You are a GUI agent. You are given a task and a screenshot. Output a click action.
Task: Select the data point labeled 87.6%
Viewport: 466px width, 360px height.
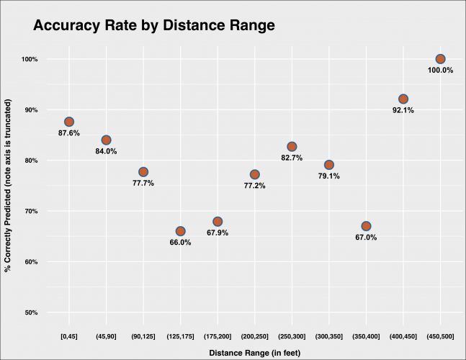point(69,122)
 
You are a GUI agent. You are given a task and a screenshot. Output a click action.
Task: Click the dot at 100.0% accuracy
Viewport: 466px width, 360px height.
point(441,59)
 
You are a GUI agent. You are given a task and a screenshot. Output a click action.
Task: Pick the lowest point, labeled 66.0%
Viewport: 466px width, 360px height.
point(180,231)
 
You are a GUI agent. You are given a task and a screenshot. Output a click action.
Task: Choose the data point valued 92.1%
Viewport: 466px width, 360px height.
point(403,99)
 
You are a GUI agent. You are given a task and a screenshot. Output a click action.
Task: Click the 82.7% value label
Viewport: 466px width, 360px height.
point(292,158)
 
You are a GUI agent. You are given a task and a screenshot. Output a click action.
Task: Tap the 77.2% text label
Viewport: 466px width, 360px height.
point(254,186)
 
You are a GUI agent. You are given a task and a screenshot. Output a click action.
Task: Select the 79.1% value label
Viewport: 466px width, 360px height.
point(329,176)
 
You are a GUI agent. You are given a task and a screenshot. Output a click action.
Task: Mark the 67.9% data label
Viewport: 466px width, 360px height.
point(218,233)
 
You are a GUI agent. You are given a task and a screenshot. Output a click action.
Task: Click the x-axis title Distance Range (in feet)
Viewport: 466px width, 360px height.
point(254,353)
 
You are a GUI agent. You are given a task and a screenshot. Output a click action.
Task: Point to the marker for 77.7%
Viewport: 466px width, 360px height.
point(143,172)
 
